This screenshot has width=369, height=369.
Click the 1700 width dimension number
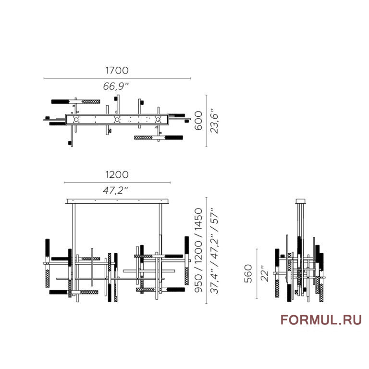[117, 70]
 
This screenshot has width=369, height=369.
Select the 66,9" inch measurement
[117, 86]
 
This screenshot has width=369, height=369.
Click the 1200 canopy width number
[117, 174]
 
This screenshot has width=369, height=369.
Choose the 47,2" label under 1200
[117, 190]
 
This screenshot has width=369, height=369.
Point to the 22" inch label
[264, 274]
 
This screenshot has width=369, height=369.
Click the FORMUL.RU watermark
[321, 320]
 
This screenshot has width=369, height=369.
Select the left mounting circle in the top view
[76, 120]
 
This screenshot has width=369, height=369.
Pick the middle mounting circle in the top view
[116, 120]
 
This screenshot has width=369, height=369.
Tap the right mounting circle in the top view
[157, 120]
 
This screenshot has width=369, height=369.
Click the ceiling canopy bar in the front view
[117, 200]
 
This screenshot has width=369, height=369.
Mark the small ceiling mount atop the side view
[301, 201]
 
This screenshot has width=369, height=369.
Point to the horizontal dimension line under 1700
[117, 78]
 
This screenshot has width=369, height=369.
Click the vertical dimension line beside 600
[206, 121]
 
